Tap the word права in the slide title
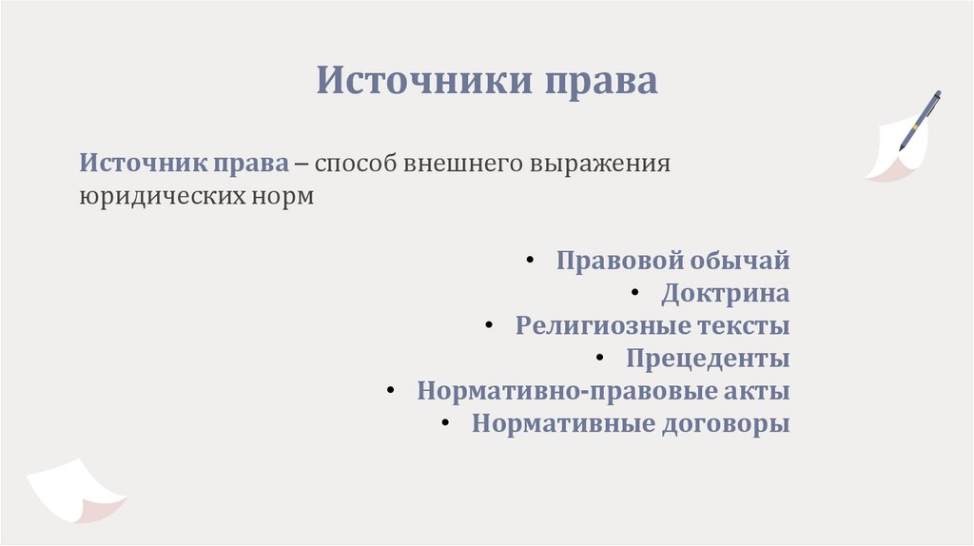click(600, 80)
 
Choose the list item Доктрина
click(726, 293)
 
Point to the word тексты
click(745, 326)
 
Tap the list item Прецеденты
click(708, 359)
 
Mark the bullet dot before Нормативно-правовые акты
click(390, 390)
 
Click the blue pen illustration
click(920, 120)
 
